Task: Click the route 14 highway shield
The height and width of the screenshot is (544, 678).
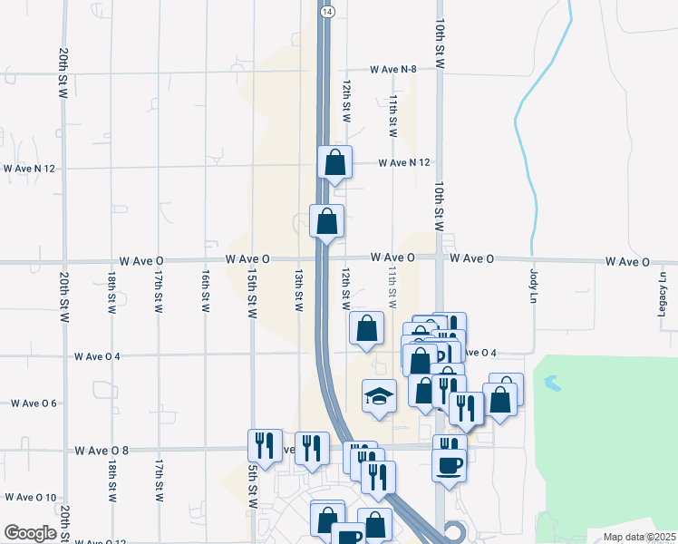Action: [327, 10]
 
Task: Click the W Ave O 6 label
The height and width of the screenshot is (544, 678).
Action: [34, 403]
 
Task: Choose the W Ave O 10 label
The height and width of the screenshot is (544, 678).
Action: [31, 497]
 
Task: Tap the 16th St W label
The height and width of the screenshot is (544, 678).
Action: [206, 292]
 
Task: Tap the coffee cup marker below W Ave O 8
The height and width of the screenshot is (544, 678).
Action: [450, 466]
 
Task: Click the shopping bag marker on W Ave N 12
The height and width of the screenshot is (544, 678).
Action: [335, 163]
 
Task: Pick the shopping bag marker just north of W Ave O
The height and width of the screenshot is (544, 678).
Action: [326, 221]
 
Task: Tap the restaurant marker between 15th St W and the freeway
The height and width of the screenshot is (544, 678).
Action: [312, 448]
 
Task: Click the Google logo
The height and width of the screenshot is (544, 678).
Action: [30, 533]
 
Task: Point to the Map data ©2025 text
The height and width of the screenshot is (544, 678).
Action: [639, 537]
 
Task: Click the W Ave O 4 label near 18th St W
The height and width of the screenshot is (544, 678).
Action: [97, 356]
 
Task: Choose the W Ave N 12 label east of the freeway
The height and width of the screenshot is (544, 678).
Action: [403, 162]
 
